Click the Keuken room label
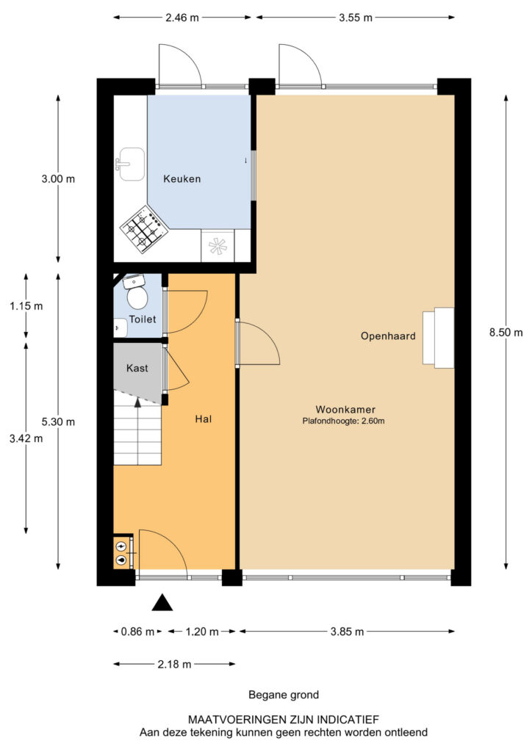[181, 178]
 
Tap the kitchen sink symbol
[131, 163]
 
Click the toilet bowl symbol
[137, 296]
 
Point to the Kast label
[138, 367]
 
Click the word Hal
[204, 419]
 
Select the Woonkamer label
[343, 409]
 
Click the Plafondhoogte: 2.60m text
[343, 422]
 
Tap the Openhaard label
[388, 336]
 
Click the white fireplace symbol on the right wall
[438, 337]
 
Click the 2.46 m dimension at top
[184, 16]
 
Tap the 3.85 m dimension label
[346, 631]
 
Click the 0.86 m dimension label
[137, 631]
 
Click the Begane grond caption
[284, 694]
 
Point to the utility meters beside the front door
[121, 552]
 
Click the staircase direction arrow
[137, 402]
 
